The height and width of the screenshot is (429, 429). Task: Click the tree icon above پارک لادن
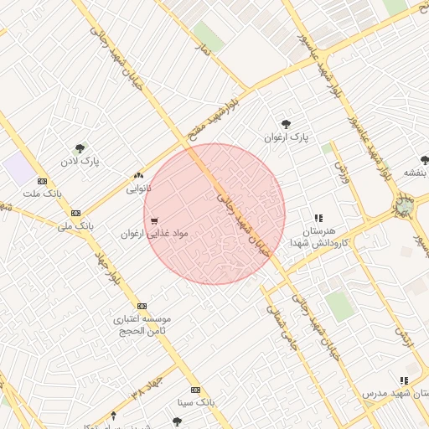point(80,147)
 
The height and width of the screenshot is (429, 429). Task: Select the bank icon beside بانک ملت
point(42,181)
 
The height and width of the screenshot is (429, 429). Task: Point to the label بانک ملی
point(75,225)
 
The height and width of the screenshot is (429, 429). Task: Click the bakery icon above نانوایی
point(138,176)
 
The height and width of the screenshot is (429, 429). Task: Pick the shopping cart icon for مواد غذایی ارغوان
point(153,220)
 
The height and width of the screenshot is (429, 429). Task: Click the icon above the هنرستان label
point(318,218)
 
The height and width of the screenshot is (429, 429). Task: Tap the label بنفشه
point(416,173)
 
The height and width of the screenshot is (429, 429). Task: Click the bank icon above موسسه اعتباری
point(142,306)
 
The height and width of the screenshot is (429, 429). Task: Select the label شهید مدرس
point(396,392)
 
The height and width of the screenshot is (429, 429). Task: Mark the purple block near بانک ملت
point(18,168)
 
